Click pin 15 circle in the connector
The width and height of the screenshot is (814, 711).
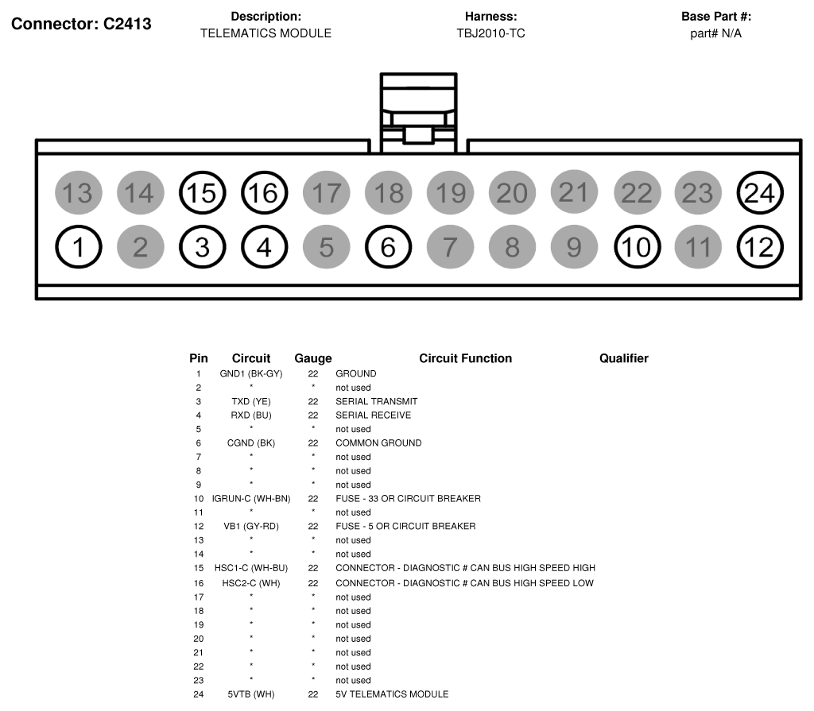click(203, 193)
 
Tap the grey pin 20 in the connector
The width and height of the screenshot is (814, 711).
click(512, 193)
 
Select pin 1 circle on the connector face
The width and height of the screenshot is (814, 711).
click(79, 248)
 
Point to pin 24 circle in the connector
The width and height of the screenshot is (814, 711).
click(760, 193)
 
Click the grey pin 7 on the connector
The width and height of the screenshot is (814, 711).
click(450, 248)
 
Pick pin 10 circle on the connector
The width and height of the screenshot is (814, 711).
click(637, 248)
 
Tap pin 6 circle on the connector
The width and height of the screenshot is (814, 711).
click(388, 248)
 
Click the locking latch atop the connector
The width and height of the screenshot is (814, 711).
click(418, 111)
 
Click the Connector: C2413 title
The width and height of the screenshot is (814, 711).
click(81, 24)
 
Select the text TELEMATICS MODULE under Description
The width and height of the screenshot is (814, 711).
click(266, 33)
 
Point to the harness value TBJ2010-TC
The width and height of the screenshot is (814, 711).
click(490, 33)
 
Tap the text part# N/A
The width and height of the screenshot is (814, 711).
click(715, 33)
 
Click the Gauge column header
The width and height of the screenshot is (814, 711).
click(313, 358)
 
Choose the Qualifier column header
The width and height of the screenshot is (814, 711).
click(624, 358)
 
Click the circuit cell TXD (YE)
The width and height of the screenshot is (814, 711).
click(251, 401)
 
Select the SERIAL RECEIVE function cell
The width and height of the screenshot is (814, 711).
click(373, 415)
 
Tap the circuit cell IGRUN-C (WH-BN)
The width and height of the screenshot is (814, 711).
click(251, 498)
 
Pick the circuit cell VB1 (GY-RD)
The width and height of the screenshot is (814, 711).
click(251, 526)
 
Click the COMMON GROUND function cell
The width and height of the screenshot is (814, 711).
click(378, 442)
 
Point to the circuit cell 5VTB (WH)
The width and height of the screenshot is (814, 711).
click(251, 694)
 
